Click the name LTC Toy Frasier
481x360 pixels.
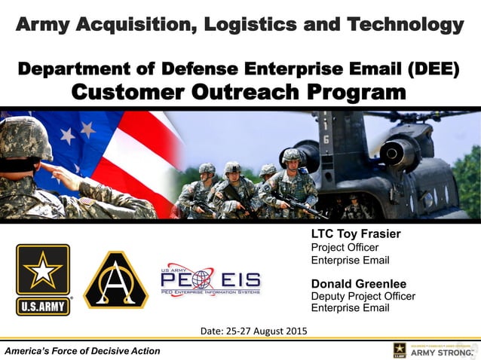pos(356,234)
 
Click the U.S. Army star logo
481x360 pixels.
pos(43,279)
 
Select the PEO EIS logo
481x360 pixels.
pos(210,281)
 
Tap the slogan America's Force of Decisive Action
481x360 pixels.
pos(81,351)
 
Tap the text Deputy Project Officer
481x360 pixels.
pos(363,296)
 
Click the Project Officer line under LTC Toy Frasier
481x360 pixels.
pos(345,247)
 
